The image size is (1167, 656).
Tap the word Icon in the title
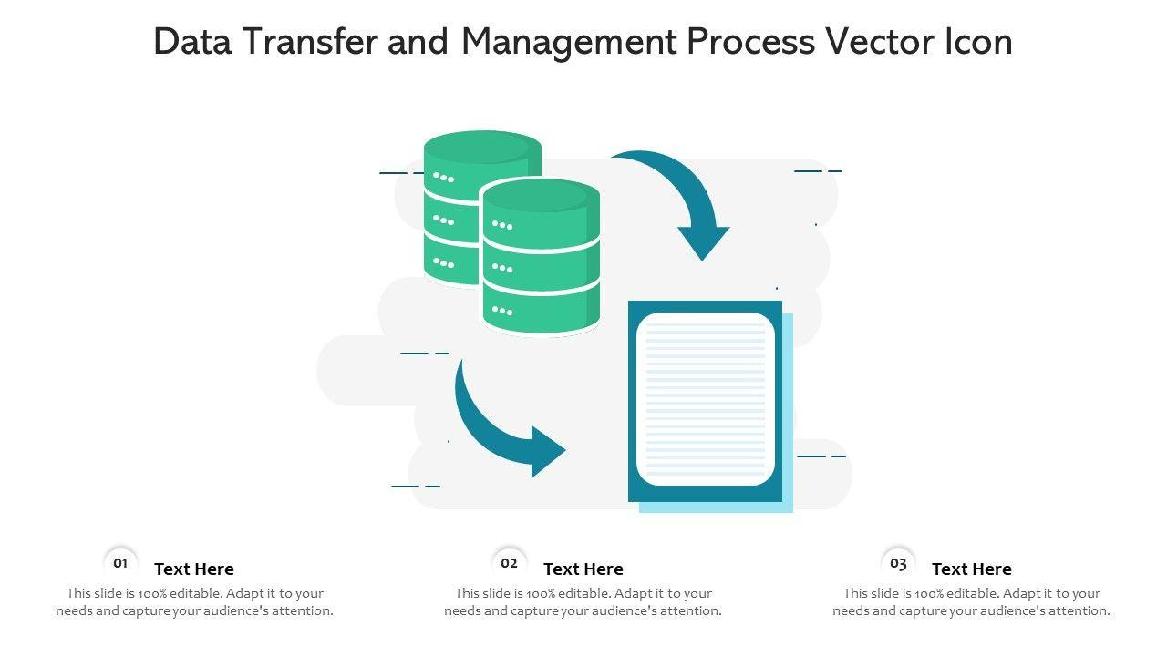click(x=978, y=42)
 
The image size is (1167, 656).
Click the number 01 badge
click(x=120, y=563)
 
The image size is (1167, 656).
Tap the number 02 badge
click(x=509, y=563)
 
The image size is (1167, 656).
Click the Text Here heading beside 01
click(x=194, y=569)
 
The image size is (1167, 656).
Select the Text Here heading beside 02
click(x=583, y=569)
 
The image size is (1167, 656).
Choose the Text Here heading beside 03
click(x=972, y=569)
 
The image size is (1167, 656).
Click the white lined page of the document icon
click(x=705, y=398)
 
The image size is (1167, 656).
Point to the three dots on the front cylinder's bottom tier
click(x=502, y=311)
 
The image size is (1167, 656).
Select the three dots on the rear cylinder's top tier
click(x=444, y=177)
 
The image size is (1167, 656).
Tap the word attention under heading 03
click(x=1078, y=611)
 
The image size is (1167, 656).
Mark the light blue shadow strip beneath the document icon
click(x=716, y=507)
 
